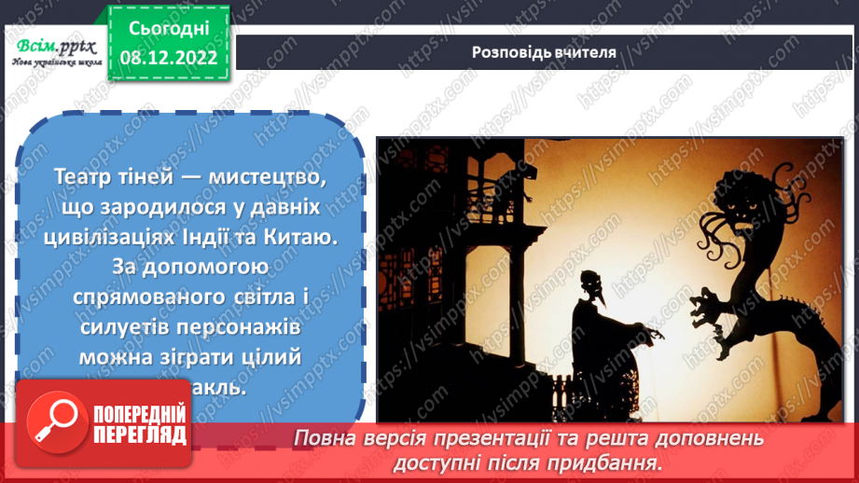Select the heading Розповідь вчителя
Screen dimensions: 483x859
544,52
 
